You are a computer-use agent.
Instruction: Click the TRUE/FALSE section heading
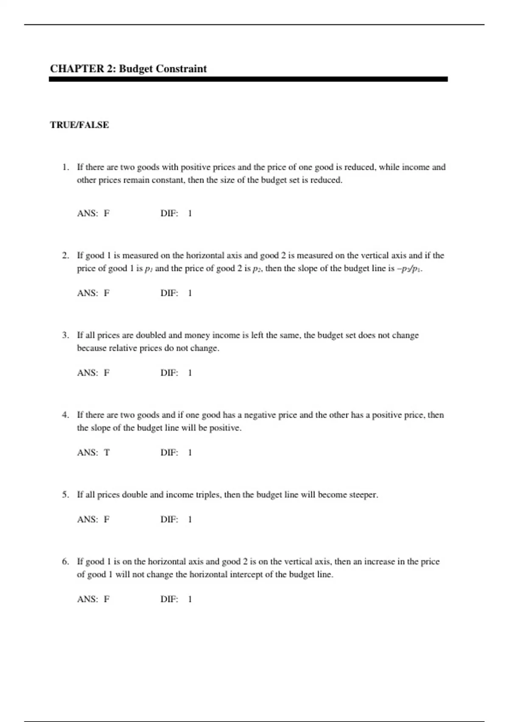click(x=79, y=125)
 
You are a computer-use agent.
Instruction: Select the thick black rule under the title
click(x=248, y=79)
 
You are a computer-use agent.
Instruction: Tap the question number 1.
click(x=65, y=167)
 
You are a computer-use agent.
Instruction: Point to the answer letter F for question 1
click(x=106, y=213)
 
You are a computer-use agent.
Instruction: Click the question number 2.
click(x=65, y=255)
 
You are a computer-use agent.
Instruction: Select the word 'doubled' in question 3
click(x=151, y=335)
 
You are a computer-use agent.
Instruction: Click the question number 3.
click(x=65, y=335)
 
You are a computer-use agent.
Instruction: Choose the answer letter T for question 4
click(x=106, y=452)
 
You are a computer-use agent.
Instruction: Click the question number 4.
click(x=65, y=415)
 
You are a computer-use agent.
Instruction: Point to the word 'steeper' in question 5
click(x=363, y=495)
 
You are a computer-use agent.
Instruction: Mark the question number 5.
click(x=65, y=495)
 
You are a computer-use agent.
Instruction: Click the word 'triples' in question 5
click(x=208, y=495)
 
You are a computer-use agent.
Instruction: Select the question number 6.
click(x=65, y=561)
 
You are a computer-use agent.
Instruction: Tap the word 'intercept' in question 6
click(x=251, y=575)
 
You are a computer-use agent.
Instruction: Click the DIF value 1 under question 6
click(x=190, y=599)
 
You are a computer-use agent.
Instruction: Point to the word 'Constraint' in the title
click(x=181, y=69)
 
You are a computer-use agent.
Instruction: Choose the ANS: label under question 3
click(x=87, y=373)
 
